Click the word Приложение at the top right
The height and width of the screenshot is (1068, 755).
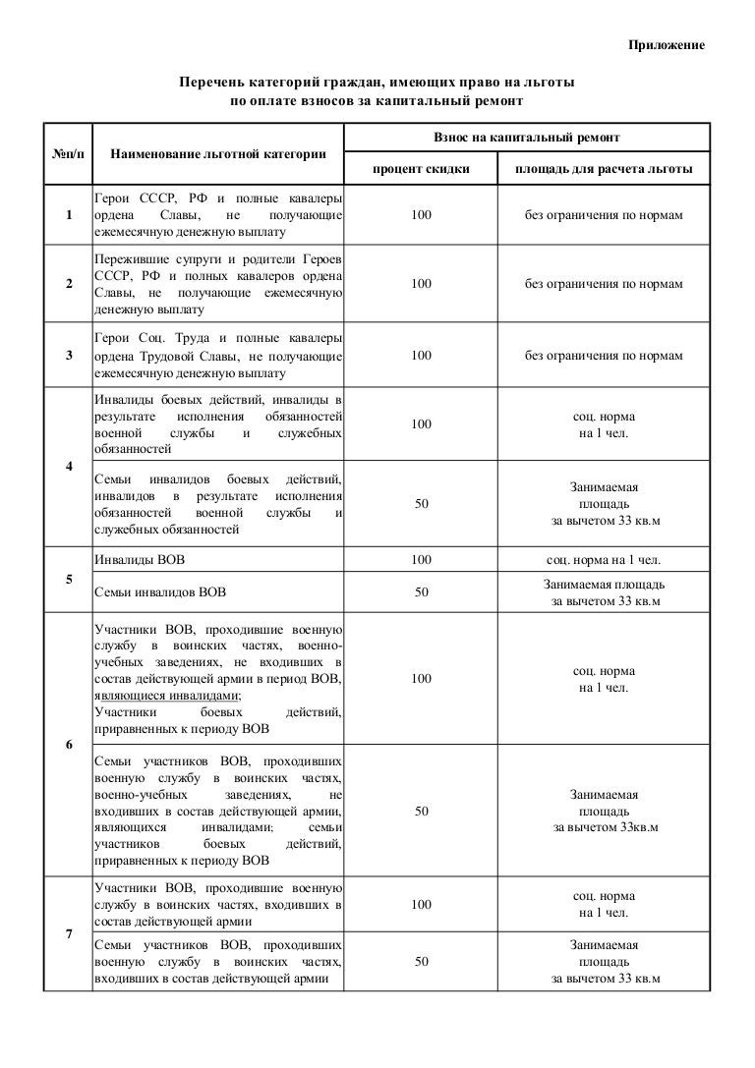pos(668,48)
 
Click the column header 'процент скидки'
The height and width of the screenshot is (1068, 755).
pos(421,170)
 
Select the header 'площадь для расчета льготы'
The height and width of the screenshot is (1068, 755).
pos(603,170)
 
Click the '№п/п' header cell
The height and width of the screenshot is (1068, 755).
pos(66,154)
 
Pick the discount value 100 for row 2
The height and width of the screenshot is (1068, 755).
pos(421,284)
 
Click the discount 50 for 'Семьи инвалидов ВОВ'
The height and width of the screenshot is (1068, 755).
pos(421,592)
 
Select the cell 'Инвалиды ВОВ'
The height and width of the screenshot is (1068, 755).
pos(139,560)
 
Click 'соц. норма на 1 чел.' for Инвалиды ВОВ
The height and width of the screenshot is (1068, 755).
pos(603,560)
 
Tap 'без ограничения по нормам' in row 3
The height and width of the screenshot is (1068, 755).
pos(603,356)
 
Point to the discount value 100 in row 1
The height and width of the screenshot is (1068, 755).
pos(421,216)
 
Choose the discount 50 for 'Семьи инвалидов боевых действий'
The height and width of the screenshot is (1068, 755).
pos(421,503)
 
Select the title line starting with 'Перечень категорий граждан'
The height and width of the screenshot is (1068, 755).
pos(376,83)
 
